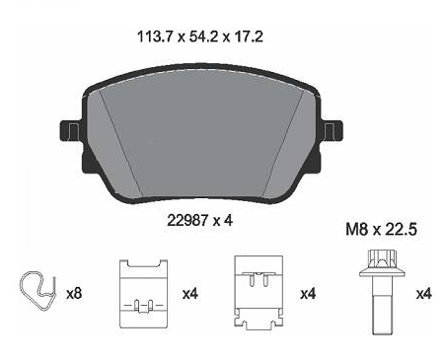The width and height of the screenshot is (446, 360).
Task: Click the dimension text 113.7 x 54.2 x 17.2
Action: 200,36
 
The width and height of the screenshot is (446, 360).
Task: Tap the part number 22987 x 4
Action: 199,220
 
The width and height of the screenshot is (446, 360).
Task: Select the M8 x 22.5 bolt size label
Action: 381,229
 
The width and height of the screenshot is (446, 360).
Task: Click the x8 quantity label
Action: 74,293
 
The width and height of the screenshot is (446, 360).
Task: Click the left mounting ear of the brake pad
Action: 70,130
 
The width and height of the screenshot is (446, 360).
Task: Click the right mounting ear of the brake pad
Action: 333,130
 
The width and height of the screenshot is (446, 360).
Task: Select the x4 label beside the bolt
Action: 423,293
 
